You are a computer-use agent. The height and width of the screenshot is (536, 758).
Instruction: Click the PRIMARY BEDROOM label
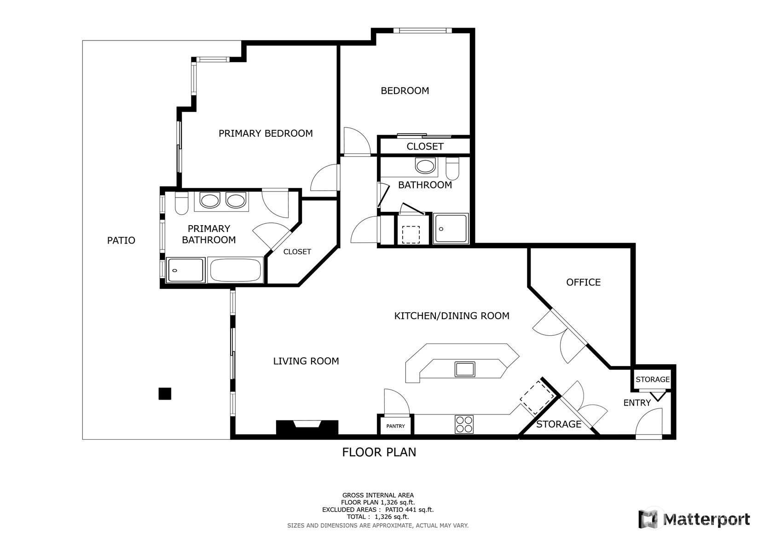266,134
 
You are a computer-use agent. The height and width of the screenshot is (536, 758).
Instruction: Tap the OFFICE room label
584,282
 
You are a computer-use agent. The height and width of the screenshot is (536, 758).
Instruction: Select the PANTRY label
396,426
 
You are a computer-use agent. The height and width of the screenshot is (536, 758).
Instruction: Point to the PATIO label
121,240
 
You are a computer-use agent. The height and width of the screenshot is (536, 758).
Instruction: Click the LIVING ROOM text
306,361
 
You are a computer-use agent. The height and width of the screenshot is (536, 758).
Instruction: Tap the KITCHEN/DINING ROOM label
452,315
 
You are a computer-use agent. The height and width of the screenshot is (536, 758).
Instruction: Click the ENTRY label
637,402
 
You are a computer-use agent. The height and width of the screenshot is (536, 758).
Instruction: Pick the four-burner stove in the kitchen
464,424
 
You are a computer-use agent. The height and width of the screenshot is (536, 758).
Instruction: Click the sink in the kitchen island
465,369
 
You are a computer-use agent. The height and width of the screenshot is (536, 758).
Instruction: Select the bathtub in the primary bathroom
235,270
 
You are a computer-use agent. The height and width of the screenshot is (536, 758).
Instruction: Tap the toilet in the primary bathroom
181,203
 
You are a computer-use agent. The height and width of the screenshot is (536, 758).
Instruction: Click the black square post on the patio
165,393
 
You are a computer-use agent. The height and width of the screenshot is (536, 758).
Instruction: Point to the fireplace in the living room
307,427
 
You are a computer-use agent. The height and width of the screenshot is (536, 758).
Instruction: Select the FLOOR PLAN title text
379,452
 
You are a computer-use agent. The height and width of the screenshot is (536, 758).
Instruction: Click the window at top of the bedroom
422,30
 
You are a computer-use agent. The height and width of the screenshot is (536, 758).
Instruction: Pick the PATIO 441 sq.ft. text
410,510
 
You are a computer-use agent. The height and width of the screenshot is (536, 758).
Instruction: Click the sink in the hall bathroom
425,166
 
